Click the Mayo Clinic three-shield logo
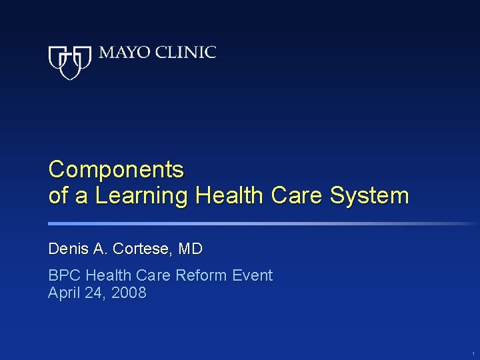(x=70, y=62)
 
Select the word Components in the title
(x=116, y=170)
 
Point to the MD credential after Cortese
(x=191, y=249)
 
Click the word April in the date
(x=63, y=293)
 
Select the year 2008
(x=128, y=293)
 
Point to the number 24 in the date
(x=94, y=293)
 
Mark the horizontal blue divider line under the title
(x=260, y=224)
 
